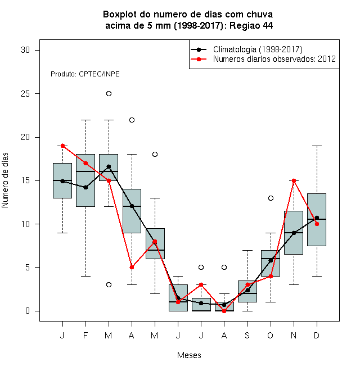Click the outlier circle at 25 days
[x=109, y=94]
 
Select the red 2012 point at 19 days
[x=62, y=146]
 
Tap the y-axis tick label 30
[x=25, y=50]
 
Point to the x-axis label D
[x=317, y=335]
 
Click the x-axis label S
[x=247, y=335]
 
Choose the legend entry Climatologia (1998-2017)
[x=246, y=49]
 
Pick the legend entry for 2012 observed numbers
[x=263, y=59]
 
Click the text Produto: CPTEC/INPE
[x=85, y=74]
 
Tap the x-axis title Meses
[x=189, y=355]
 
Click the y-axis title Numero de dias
[x=5, y=180]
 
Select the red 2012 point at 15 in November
[x=294, y=181]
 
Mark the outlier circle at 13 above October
[x=271, y=198]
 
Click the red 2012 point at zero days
[x=224, y=311]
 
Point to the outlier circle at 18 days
[x=155, y=154]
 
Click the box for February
[x=85, y=180]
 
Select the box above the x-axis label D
[x=317, y=220]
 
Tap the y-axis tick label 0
[x=28, y=311]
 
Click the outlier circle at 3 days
[x=109, y=284]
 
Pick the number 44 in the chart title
[x=268, y=25]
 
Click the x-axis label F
[x=85, y=335]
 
